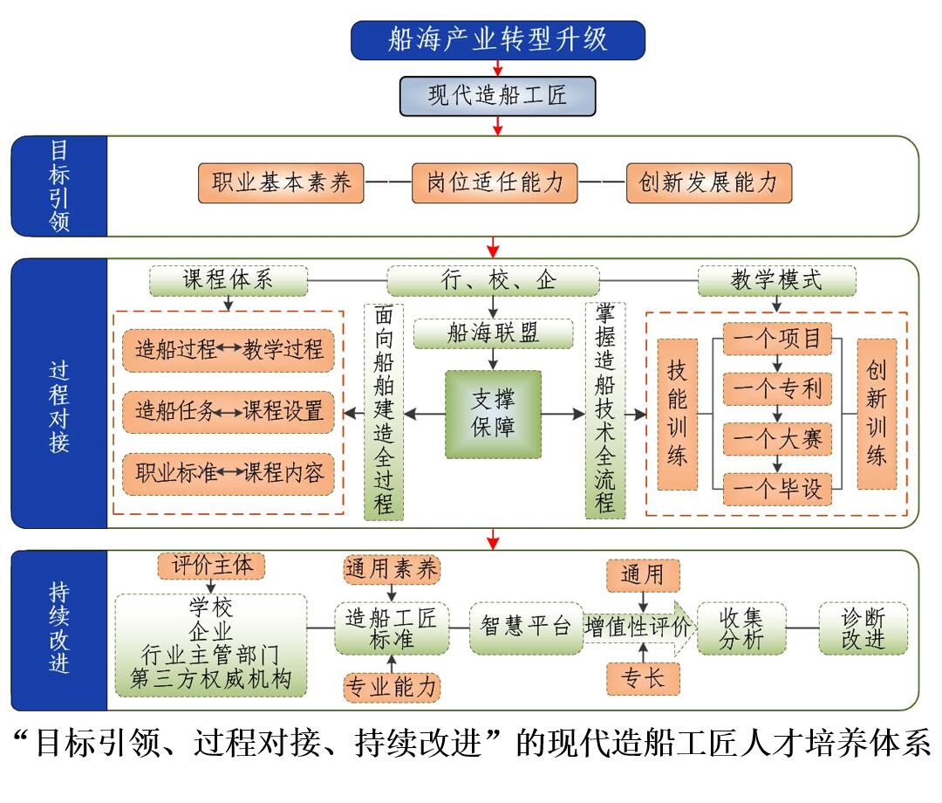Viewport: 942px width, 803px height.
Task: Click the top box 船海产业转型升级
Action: [497, 40]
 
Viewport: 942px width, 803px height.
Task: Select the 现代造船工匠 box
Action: [497, 95]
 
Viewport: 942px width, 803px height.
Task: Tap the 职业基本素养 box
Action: [281, 183]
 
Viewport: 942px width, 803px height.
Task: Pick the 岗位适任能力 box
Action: [495, 183]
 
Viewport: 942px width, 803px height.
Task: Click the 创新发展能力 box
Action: [707, 183]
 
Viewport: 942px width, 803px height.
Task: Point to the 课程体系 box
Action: [229, 280]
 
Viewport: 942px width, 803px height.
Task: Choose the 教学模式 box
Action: [777, 280]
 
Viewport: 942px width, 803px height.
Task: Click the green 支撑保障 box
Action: [493, 414]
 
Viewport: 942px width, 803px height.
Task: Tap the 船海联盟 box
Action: [493, 333]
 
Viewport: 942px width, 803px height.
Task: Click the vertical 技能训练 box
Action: [678, 414]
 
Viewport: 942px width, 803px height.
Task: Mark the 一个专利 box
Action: [777, 387]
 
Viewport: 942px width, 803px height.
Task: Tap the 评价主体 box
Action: [211, 566]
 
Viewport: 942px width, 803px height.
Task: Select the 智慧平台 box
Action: [526, 627]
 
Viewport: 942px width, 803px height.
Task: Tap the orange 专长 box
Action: [643, 677]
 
